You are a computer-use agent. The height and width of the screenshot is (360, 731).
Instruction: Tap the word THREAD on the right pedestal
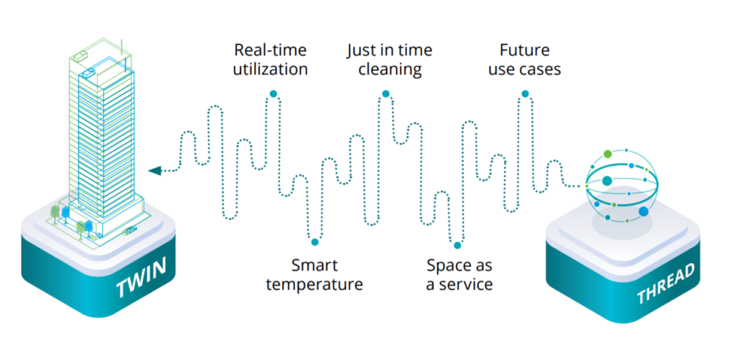[666, 283]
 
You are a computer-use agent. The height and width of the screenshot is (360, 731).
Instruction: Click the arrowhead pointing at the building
[155, 171]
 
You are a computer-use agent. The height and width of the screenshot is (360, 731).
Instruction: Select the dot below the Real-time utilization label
[273, 94]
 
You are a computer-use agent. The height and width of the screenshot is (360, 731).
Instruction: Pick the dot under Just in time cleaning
[385, 94]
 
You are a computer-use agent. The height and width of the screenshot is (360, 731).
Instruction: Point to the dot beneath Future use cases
[525, 94]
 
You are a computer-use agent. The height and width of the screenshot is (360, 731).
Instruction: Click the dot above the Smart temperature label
[315, 241]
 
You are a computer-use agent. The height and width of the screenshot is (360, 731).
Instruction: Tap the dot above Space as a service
[458, 245]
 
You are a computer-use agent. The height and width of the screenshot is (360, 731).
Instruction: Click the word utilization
[271, 69]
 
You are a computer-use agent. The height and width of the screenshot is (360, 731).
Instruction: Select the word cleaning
[390, 70]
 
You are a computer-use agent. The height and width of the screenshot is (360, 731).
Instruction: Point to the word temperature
[314, 284]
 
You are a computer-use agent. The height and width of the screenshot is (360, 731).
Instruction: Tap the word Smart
[314, 265]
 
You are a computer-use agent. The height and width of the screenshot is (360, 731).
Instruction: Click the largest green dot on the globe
[608, 154]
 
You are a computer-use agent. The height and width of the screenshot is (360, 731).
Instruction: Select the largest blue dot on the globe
[644, 211]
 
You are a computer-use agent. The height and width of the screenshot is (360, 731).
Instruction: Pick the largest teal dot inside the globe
[607, 181]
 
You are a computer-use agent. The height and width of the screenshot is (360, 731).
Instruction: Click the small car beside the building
[129, 230]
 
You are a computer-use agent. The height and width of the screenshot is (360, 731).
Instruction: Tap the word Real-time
[271, 49]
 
